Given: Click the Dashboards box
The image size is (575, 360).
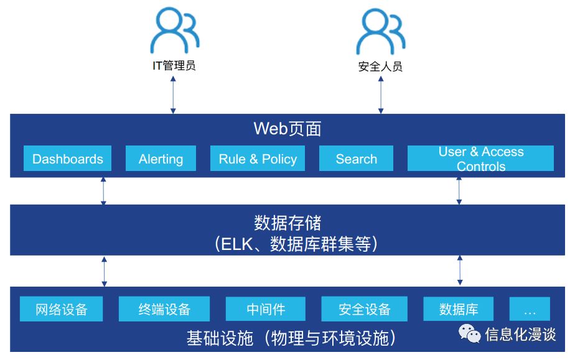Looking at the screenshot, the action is pyautogui.click(x=67, y=158).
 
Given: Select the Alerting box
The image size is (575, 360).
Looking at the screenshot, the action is pyautogui.click(x=161, y=158).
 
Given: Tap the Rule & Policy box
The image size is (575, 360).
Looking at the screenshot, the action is pyautogui.click(x=258, y=158).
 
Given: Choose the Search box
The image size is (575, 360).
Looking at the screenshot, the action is pyautogui.click(x=356, y=158).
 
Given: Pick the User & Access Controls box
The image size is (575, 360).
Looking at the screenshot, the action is pyautogui.click(x=481, y=158).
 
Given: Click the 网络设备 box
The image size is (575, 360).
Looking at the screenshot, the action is pyautogui.click(x=61, y=309).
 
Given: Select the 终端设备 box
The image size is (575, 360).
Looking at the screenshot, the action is pyautogui.click(x=164, y=309).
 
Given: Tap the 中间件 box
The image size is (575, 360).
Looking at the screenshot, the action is pyautogui.click(x=266, y=309).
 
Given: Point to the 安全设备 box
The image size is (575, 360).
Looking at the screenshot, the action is pyautogui.click(x=364, y=309).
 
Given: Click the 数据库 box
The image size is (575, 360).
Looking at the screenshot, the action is pyautogui.click(x=459, y=309).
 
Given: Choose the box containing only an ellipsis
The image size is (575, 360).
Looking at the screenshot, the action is pyautogui.click(x=530, y=309).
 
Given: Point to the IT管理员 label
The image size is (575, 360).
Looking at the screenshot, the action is pyautogui.click(x=174, y=65).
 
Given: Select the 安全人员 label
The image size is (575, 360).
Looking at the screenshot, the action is pyautogui.click(x=380, y=67).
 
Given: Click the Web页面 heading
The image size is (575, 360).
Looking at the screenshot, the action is pyautogui.click(x=287, y=129).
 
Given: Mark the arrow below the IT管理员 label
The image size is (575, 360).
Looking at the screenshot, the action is pyautogui.click(x=173, y=95).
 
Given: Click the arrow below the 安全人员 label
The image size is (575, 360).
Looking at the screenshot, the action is pyautogui.click(x=381, y=95).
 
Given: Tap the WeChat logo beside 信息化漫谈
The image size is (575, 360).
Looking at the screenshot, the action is pyautogui.click(x=469, y=333).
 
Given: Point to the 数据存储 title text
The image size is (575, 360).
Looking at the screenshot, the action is pyautogui.click(x=287, y=223).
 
